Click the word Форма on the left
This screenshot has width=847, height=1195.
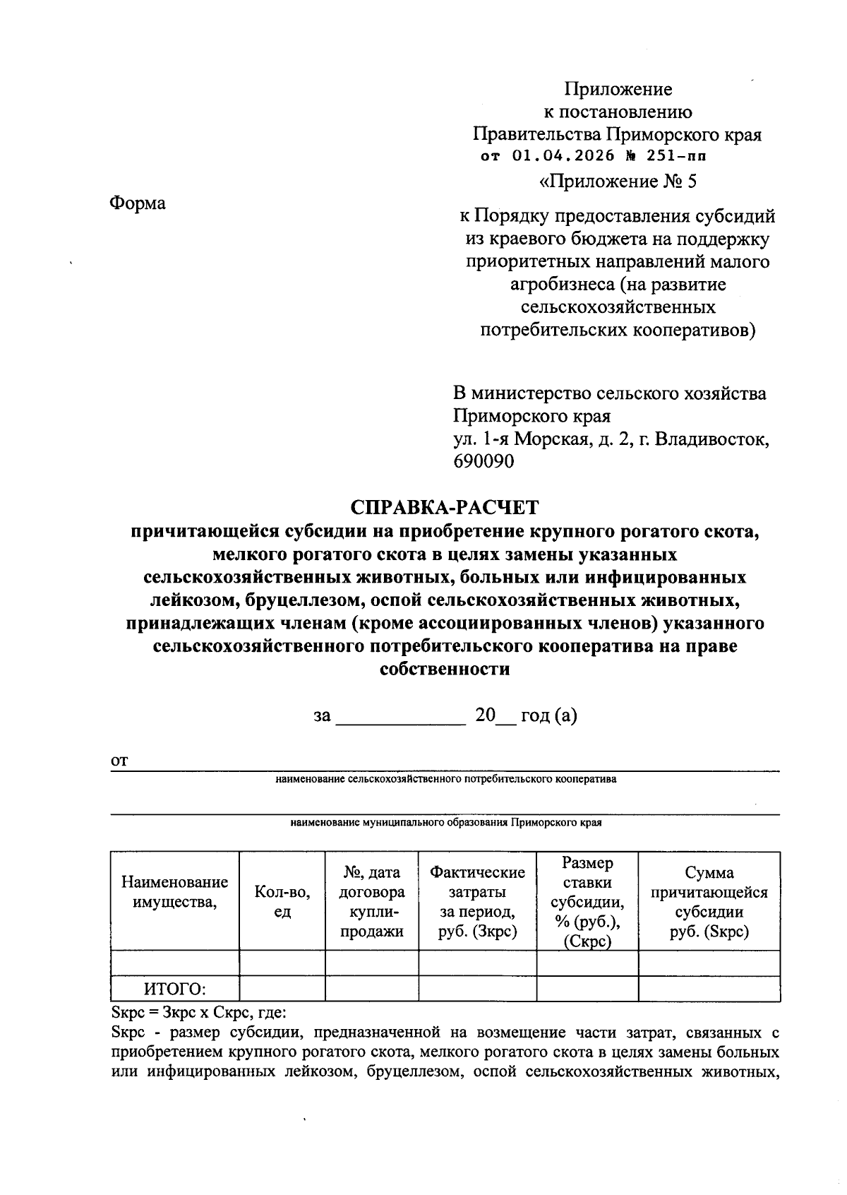[x=138, y=203]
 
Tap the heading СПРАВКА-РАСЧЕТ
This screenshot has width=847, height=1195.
[x=445, y=507]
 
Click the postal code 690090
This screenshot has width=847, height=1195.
[x=483, y=461]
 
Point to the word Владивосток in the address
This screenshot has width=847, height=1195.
[x=711, y=439]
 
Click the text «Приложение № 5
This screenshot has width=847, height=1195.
[x=618, y=182]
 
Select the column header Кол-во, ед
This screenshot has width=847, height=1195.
[x=282, y=901]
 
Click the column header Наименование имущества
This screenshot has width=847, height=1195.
[x=174, y=892]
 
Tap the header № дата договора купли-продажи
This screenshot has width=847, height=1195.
[x=371, y=901]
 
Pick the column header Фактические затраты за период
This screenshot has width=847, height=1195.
[x=477, y=901]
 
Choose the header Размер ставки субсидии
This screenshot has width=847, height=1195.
[x=587, y=901]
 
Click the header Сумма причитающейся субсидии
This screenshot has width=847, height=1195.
[x=709, y=901]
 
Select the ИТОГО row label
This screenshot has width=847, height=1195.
[x=175, y=989]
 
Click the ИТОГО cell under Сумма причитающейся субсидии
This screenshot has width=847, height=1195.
[x=709, y=989]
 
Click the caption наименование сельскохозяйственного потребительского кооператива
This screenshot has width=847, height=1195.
[x=445, y=779]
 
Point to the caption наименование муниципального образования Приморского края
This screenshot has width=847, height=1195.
[x=445, y=823]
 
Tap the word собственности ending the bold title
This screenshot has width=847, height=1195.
[x=445, y=669]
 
